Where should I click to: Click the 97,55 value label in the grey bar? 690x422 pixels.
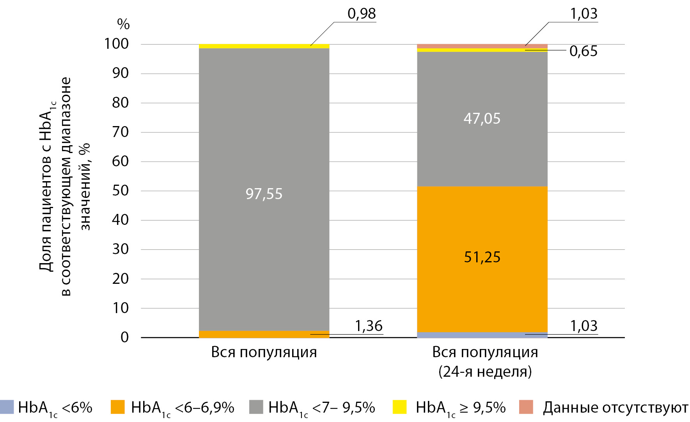(264, 194)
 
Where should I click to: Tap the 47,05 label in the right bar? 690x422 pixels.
(482, 118)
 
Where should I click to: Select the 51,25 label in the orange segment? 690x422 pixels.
(482, 257)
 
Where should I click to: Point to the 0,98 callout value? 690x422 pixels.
(362, 14)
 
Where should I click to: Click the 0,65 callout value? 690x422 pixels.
(583, 51)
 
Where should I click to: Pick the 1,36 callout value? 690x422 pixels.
(369, 326)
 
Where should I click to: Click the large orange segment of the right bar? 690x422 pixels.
(482, 226)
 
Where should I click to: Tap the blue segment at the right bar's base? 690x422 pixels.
(482, 335)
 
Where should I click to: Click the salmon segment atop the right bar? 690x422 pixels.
(482, 46)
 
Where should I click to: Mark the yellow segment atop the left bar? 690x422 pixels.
(264, 46)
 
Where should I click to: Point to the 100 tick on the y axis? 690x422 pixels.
(116, 44)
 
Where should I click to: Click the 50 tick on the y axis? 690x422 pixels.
(120, 191)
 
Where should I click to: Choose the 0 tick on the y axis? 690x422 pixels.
(124, 337)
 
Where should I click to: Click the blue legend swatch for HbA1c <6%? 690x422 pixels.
(7, 407)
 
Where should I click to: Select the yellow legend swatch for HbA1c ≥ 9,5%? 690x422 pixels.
(399, 407)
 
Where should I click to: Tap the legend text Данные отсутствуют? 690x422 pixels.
(615, 408)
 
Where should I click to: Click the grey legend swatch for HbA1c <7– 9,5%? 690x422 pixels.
(256, 407)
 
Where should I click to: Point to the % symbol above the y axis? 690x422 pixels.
(123, 24)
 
